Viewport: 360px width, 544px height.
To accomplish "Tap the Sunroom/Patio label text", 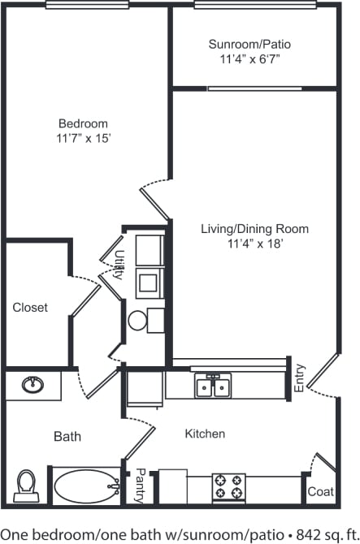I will tap(249, 44).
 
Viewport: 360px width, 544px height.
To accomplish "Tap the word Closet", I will tap(30, 308).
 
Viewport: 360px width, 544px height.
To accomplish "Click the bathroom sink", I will tap(33, 384).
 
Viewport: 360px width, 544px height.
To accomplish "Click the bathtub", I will tap(85, 486).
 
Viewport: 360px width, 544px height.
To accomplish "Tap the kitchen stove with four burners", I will tap(228, 486).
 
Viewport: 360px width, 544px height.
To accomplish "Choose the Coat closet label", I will tap(319, 492).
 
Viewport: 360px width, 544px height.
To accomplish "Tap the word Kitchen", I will tap(205, 434).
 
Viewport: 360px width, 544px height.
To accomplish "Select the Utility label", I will tap(119, 265).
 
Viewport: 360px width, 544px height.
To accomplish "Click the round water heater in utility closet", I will tap(137, 320).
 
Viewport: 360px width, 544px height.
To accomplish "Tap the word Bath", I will tap(67, 437).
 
